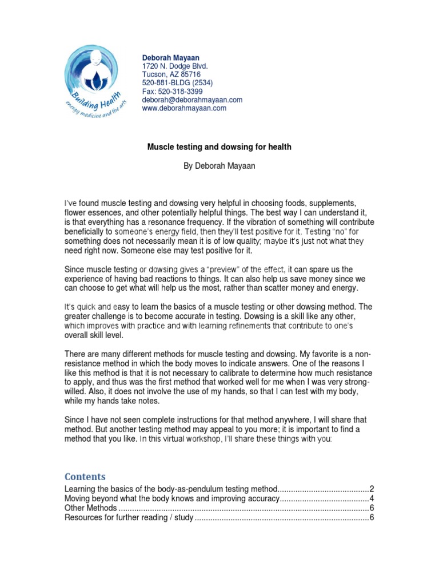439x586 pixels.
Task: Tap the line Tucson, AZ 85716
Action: click(171, 74)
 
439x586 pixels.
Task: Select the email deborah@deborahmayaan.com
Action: click(192, 100)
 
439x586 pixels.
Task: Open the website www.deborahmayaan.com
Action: click(184, 108)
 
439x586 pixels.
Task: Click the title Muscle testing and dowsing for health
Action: click(219, 147)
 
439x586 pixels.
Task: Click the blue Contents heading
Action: click(85, 477)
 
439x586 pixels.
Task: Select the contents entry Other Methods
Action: click(91, 508)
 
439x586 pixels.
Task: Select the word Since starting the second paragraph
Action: click(75, 270)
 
